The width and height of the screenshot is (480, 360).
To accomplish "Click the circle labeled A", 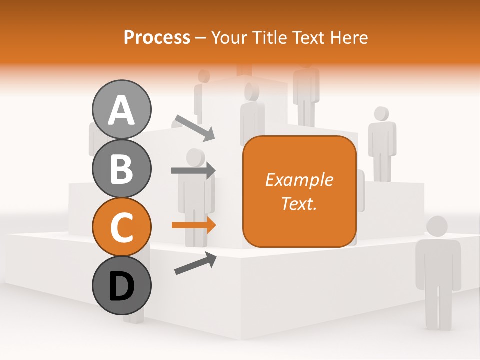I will pos(121,109).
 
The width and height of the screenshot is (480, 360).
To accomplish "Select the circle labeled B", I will pos(121,168).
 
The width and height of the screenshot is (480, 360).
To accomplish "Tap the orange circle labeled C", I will pos(121,227).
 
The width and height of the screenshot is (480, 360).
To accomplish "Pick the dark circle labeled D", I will pos(121,286).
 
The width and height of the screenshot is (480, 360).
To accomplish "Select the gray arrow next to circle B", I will pos(193,170).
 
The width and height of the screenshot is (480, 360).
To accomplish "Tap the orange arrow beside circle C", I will pos(193,225).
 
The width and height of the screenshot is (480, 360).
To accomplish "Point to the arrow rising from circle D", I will pos(195,263).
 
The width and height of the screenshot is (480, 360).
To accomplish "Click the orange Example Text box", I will pos(299,191).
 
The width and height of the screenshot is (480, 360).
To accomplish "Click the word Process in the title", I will pos(157,37).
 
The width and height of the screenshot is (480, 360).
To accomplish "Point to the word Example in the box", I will pos(299,180).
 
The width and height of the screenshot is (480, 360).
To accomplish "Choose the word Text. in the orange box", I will pos(299,203).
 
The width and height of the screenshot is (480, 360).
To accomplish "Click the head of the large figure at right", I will pos(437,227).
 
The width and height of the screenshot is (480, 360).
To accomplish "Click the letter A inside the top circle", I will pos(121,110).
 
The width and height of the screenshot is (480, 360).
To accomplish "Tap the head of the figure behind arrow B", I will pos(196,158).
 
